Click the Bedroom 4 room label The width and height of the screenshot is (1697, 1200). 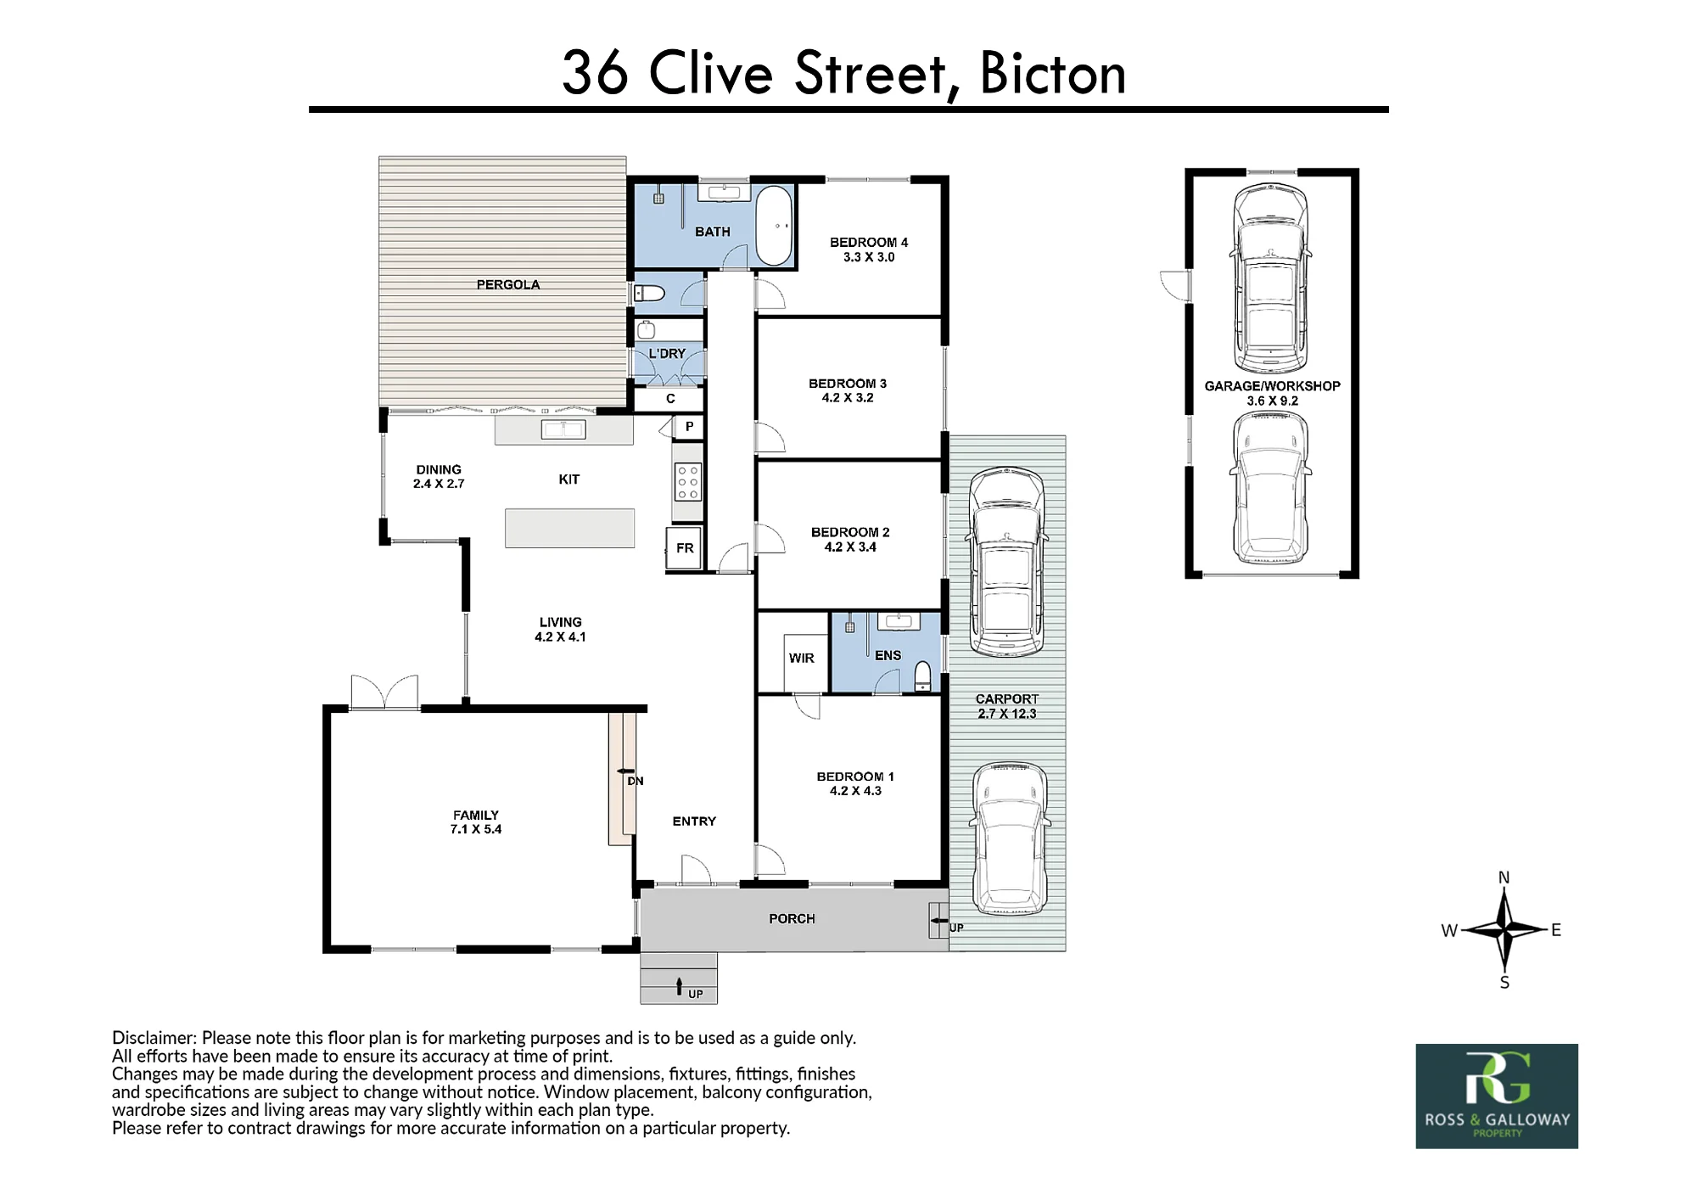pos(869,242)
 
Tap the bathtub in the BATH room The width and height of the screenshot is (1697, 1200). pos(774,227)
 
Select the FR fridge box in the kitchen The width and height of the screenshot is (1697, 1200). pos(685,548)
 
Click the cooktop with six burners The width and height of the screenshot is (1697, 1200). pos(688,482)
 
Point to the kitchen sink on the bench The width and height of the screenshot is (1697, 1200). pos(563,429)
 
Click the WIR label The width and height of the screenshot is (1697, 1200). pos(802,658)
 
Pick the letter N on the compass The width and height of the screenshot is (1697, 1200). pos(1504,878)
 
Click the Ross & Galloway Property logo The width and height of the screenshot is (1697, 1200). pos(1497,1096)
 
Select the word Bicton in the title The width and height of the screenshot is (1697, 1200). pos(1053,74)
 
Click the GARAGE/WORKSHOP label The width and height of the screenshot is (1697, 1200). pos(1272,386)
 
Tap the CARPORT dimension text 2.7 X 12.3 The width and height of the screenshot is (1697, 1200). pos(1007,714)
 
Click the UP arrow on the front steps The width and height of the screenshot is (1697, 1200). pos(679,986)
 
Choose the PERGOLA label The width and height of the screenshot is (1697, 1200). pos(508,284)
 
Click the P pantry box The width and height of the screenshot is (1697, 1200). pos(689,427)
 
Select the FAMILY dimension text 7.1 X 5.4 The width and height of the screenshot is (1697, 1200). pos(476,829)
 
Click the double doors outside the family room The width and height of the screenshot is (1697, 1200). pos(384,692)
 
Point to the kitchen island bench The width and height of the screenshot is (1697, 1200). pos(570,528)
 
